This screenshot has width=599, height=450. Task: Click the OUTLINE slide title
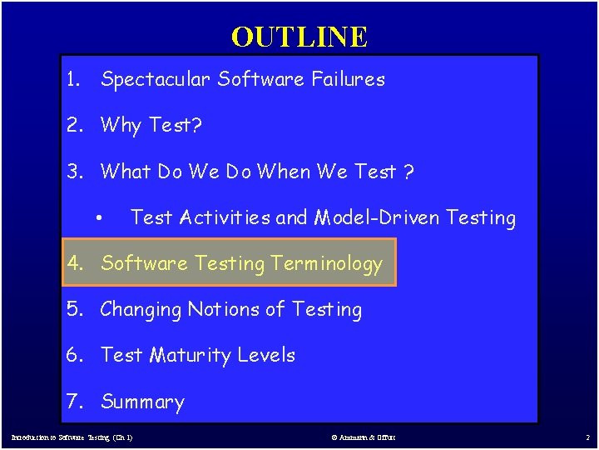tap(299, 37)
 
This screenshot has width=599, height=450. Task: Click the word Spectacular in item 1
tap(156, 80)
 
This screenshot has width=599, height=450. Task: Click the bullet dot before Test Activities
tap(99, 219)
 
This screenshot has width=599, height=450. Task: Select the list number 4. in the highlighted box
tap(77, 264)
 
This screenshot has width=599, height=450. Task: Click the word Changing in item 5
tap(141, 310)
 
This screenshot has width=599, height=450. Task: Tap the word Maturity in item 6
tap(191, 356)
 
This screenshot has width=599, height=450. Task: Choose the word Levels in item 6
tap(266, 355)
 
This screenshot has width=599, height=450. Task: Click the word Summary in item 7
tap(142, 402)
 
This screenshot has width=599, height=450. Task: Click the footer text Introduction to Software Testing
tap(72, 437)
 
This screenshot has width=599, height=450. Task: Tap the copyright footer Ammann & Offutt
tap(363, 437)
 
